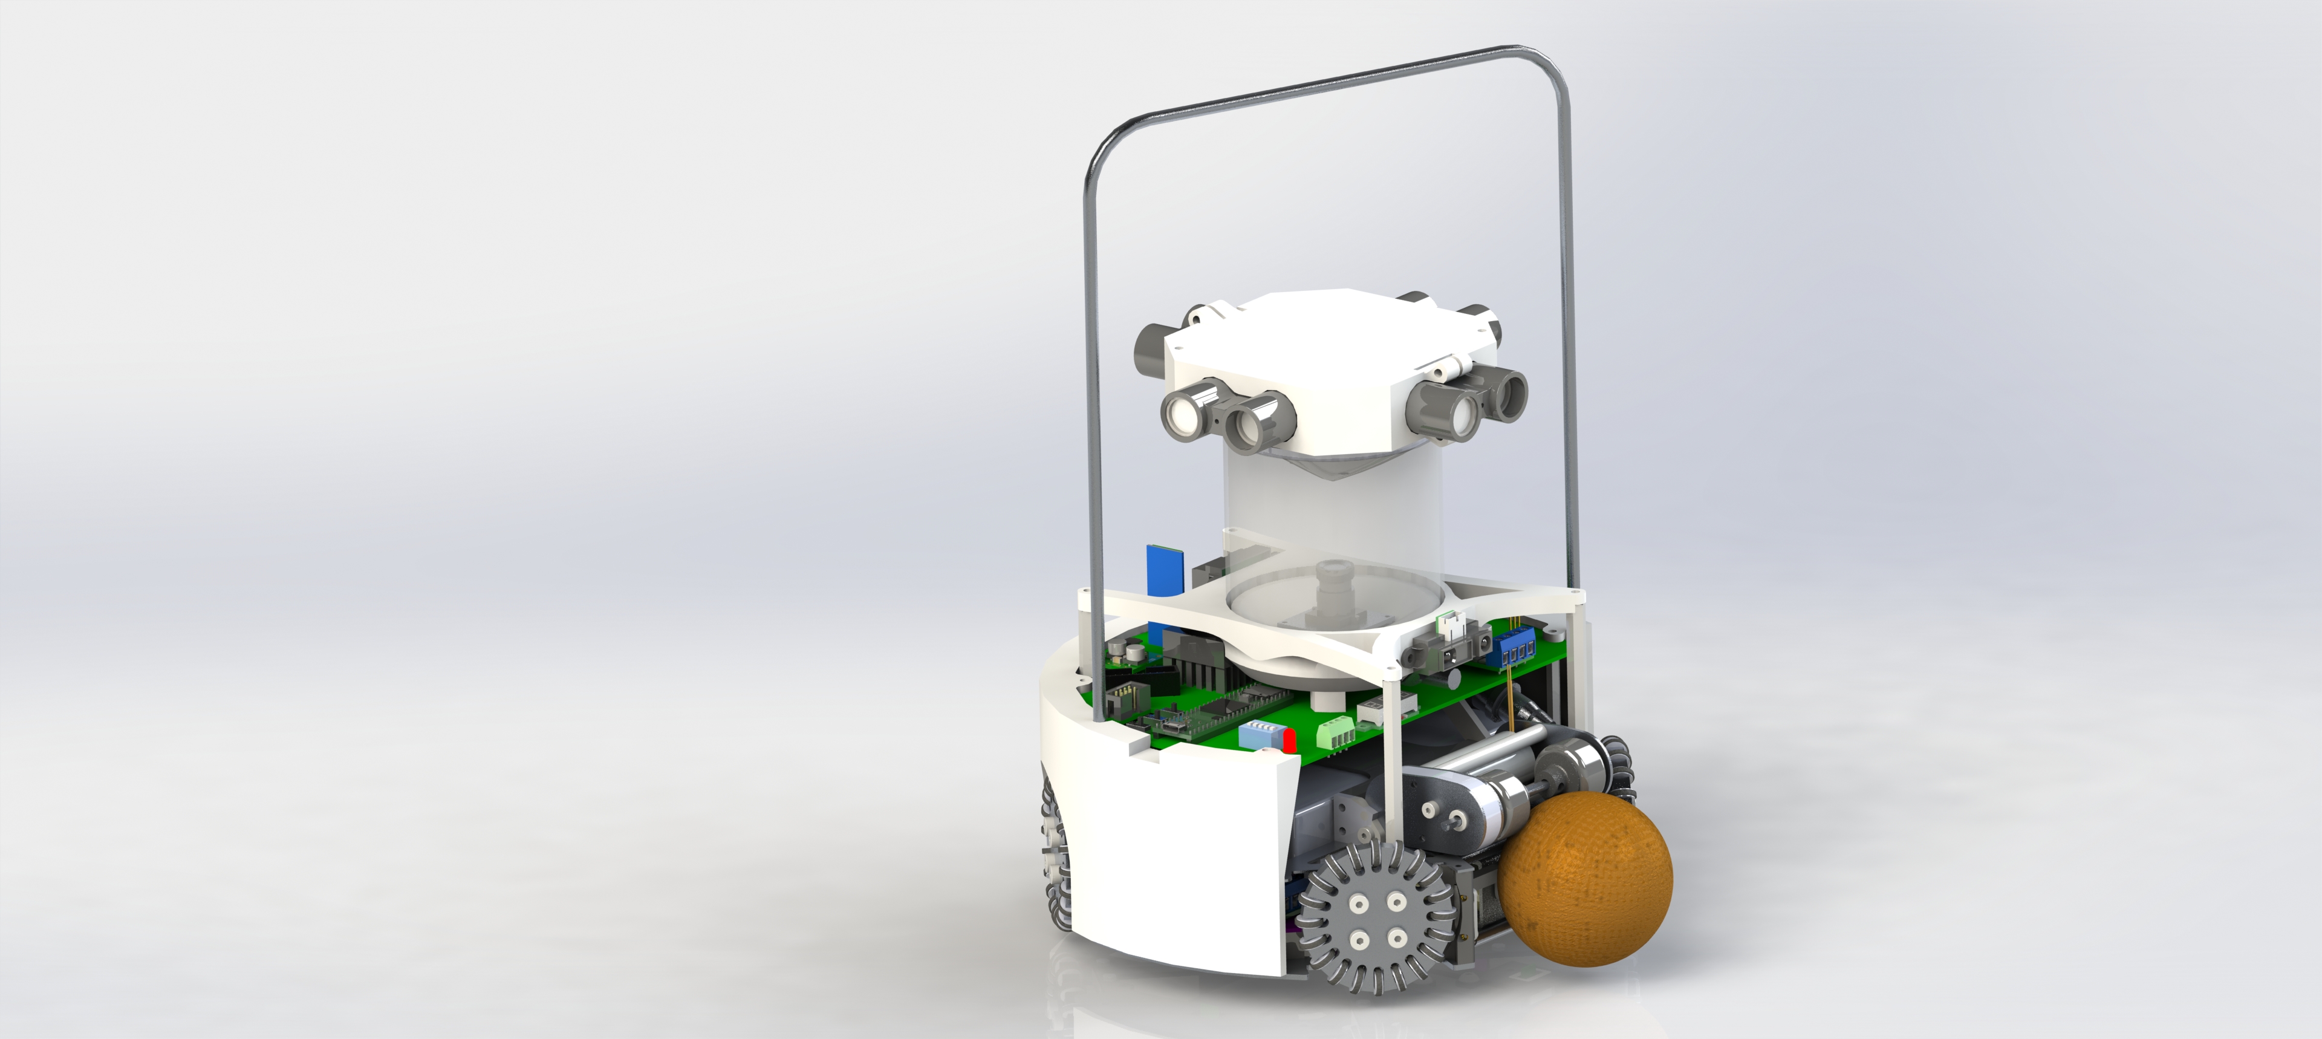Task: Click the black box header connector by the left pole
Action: click(1123, 699)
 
